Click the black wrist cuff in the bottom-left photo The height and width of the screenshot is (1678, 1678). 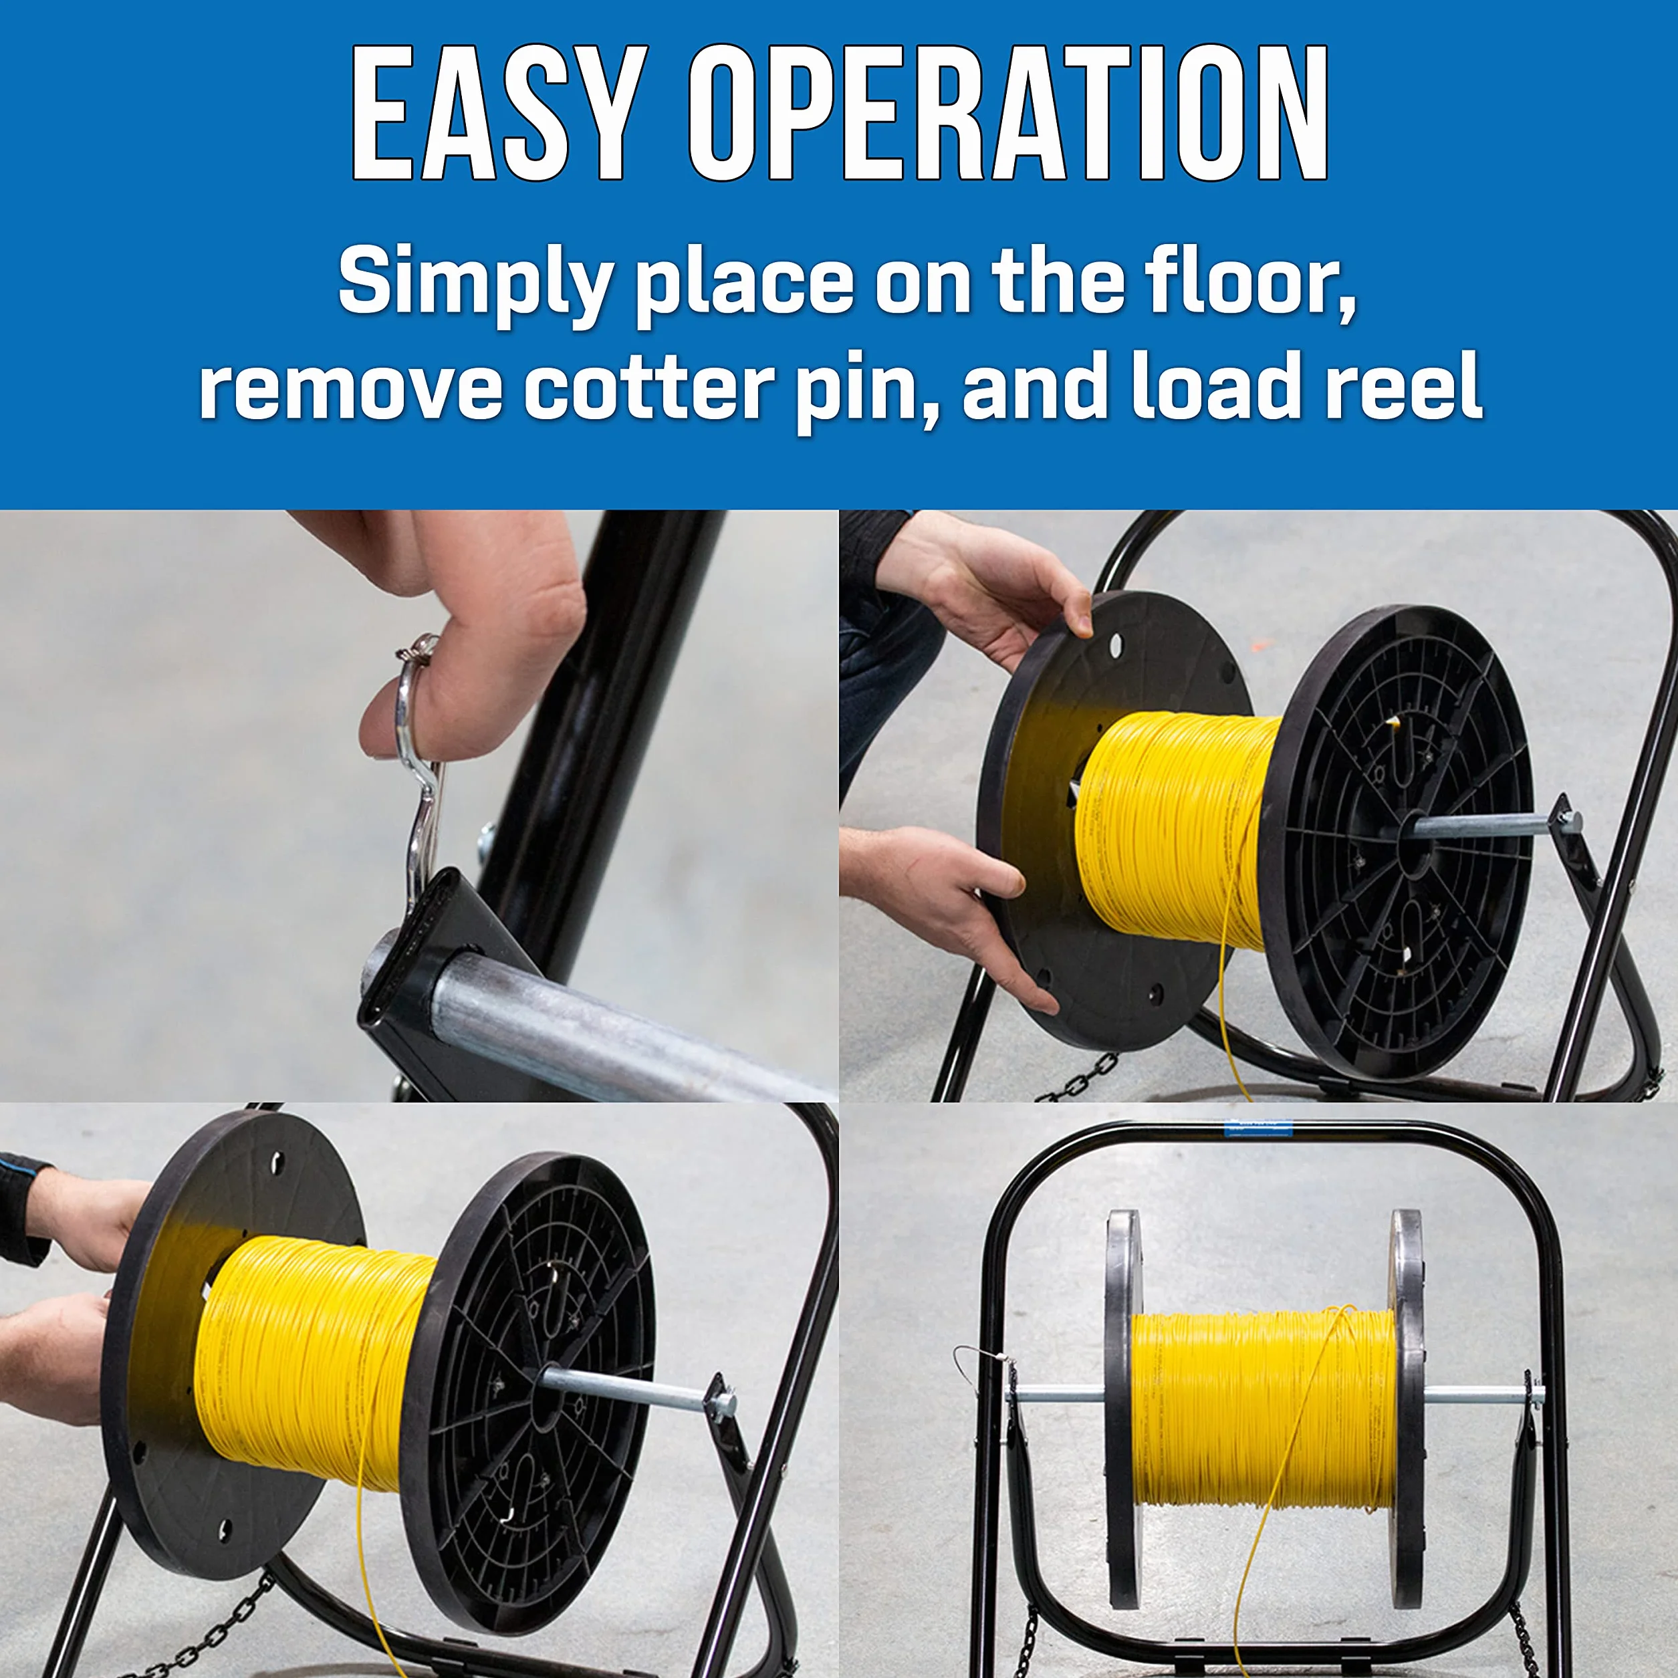(x=24, y=1207)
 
